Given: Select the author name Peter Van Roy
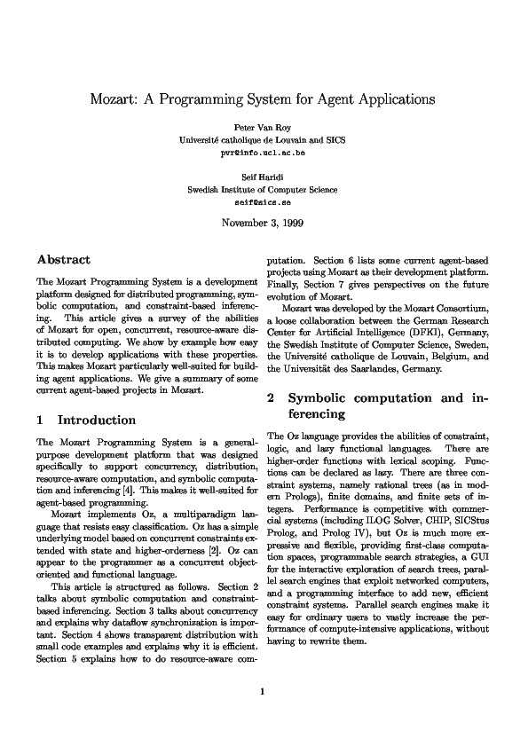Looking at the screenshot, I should (263, 127).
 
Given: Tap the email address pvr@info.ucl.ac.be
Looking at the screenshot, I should (263, 153).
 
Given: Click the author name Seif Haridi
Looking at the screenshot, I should (263, 177).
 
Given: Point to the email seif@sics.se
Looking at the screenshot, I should (263, 201).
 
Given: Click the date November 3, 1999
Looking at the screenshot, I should (263, 223).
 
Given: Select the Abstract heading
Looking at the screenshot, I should (63, 260).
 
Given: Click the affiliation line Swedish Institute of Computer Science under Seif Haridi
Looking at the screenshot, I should (263, 189).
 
